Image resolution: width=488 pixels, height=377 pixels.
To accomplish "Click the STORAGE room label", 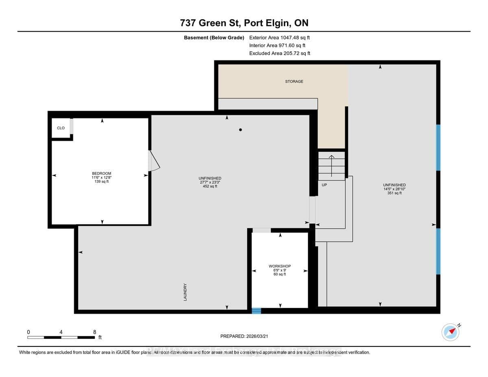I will click(294, 81).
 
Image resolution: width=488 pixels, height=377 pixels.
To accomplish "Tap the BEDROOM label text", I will click(101, 173).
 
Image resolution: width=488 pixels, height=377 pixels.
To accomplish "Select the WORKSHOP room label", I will click(279, 266).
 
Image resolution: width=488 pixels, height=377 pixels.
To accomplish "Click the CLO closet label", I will click(61, 128).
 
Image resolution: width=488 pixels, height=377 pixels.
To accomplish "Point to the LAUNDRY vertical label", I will click(185, 292).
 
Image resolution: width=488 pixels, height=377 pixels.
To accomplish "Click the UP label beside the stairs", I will click(324, 185).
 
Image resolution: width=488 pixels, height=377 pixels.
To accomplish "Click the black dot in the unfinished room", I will click(241, 130).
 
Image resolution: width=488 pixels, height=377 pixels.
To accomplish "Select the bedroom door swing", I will click(155, 161).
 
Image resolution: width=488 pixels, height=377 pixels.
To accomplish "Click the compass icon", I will click(451, 332).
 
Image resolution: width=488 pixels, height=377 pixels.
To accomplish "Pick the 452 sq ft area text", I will click(210, 186).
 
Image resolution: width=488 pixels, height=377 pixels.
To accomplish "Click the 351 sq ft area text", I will click(394, 193).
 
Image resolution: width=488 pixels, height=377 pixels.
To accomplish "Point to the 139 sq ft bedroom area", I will click(101, 182).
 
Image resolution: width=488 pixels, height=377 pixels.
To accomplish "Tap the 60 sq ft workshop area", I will click(279, 275).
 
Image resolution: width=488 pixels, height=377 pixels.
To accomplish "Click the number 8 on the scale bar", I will click(94, 332).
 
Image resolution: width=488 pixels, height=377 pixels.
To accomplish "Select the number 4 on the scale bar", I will click(61, 332).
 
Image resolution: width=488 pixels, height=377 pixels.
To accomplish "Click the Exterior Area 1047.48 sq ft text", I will click(279, 37).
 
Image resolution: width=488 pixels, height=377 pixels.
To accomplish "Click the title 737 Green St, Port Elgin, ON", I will click(244, 23).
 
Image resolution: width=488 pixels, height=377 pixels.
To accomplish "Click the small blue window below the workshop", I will click(256, 311).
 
